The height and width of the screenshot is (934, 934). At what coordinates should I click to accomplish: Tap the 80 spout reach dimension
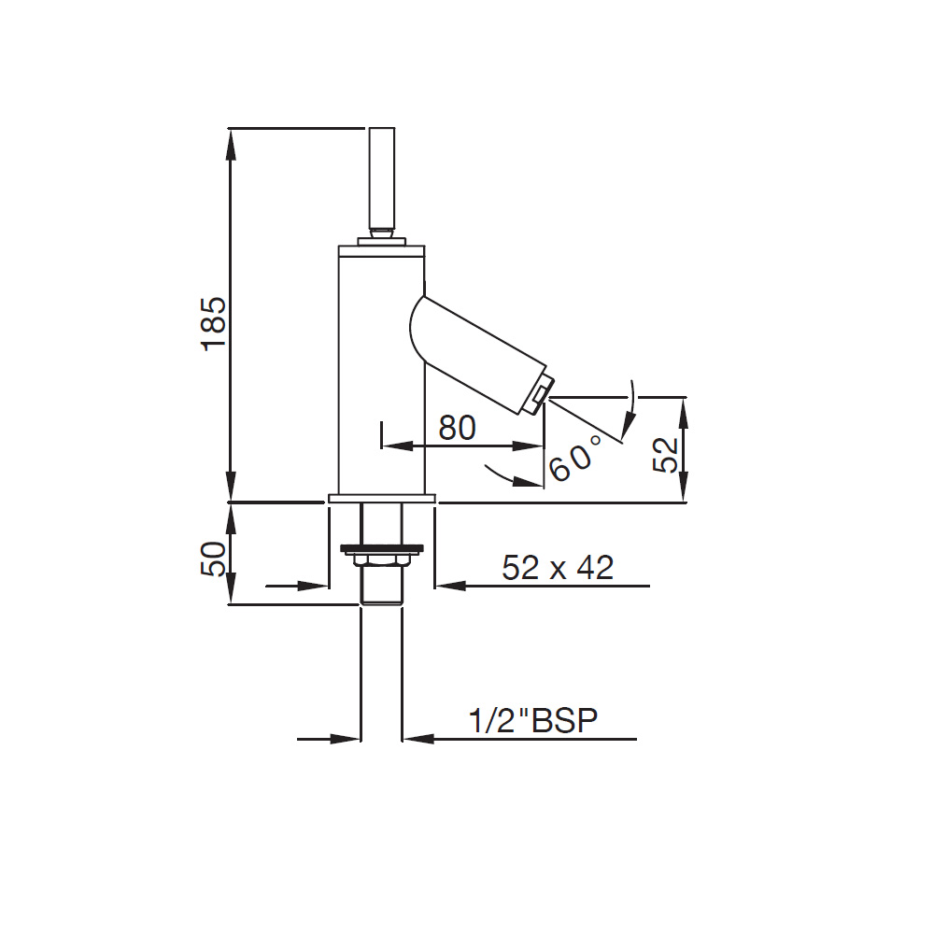click(x=457, y=428)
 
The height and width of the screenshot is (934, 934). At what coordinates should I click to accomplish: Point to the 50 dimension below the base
click(x=213, y=559)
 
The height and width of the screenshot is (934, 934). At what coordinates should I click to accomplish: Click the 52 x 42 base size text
click(x=558, y=568)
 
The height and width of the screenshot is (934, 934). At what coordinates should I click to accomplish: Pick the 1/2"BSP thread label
click(x=533, y=721)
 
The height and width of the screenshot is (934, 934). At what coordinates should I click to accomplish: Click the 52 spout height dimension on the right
click(x=666, y=455)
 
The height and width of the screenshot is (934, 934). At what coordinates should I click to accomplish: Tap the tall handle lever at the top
click(x=382, y=177)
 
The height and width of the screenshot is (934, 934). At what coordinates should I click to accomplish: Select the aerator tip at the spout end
click(x=539, y=393)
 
